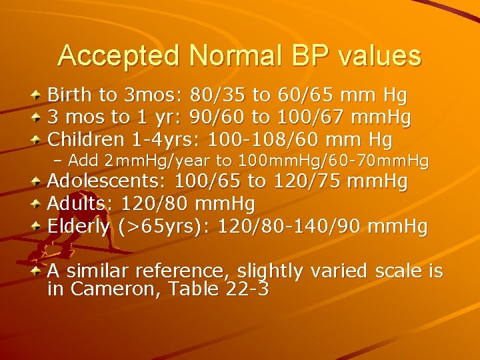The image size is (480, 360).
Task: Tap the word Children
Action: coord(86,140)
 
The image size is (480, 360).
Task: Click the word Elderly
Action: coord(78,227)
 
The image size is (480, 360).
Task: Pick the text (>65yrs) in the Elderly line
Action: coord(163,227)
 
